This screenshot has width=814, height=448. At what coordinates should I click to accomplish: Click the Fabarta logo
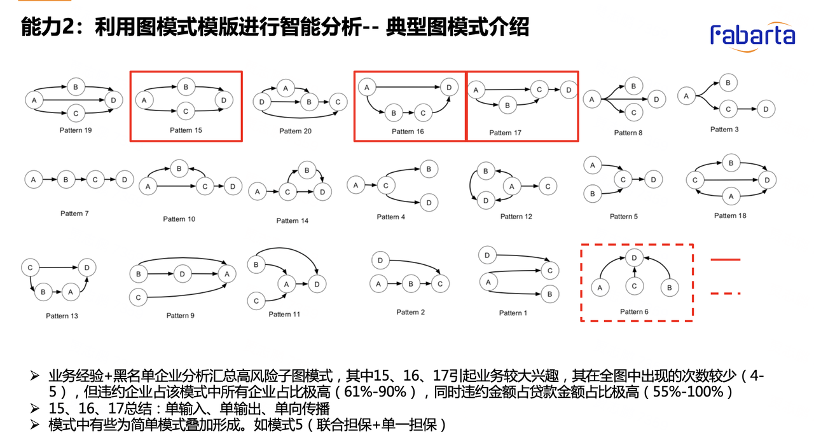pos(752,34)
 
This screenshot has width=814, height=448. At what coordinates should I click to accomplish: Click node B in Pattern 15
pos(186,87)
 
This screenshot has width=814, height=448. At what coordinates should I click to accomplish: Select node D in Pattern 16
pos(449,87)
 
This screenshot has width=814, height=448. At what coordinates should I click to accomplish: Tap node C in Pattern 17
pos(539,90)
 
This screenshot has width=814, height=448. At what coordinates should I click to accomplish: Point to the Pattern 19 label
pos(75,130)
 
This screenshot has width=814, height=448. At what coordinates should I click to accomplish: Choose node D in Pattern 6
pos(633,258)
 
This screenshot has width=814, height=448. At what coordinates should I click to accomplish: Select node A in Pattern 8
pos(592,99)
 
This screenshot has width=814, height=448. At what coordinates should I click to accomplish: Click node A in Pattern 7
pos(33,180)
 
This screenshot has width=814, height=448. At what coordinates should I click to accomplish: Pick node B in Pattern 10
pos(179,169)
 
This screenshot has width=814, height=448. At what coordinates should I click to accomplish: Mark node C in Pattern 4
pos(385,186)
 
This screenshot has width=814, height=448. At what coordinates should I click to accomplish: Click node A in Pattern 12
pos(512,186)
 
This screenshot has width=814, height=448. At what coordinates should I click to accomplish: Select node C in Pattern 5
pos(623,180)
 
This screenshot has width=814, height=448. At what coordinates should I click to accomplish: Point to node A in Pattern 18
pos(731,196)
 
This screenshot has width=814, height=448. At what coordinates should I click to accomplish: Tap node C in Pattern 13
pos(30,268)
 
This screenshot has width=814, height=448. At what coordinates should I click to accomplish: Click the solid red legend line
pos(726,259)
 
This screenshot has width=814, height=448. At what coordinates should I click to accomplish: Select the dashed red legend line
pos(726,294)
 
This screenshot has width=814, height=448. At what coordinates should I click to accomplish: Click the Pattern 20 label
pos(295,131)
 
